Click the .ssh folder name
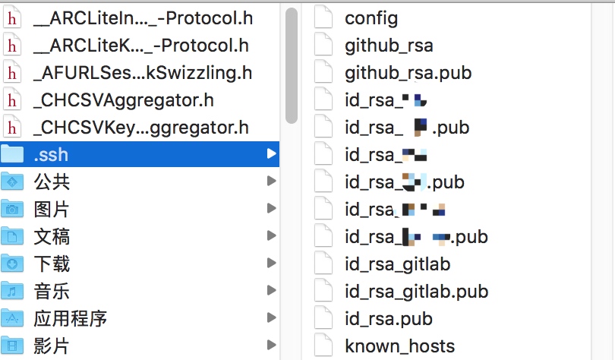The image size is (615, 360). tap(51, 155)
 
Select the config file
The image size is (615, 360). tap(371, 18)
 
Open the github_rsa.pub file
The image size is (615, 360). tap(408, 73)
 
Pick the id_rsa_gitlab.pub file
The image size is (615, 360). tap(416, 292)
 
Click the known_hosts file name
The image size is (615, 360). tap(399, 346)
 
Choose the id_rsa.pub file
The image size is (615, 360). tap(388, 319)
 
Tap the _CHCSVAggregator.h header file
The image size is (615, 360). tap(124, 100)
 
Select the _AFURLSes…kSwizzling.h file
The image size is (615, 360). tap(143, 73)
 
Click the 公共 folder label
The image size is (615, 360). tap(52, 182)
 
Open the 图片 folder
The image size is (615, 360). tap(52, 210)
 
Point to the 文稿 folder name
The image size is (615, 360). tap(52, 237)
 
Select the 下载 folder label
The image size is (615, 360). tap(52, 264)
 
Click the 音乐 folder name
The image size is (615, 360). tap(52, 292)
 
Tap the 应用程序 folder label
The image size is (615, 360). tap(70, 319)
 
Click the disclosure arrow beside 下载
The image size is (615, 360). tap(271, 264)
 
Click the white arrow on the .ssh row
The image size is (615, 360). tap(271, 155)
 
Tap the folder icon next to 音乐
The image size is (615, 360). tap(12, 292)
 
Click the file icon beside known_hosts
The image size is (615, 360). tap(323, 346)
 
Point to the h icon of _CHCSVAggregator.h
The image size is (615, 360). tap(12, 100)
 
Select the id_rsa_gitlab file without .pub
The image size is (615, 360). tap(397, 264)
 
